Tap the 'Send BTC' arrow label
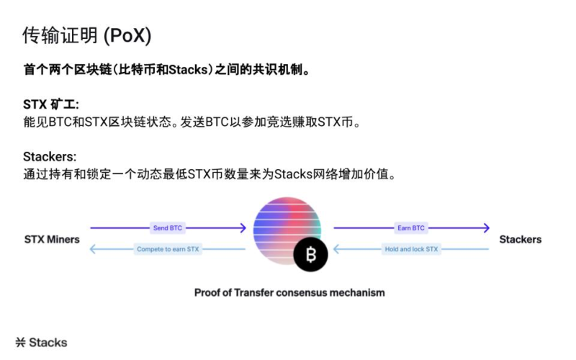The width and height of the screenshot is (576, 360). [x=168, y=228]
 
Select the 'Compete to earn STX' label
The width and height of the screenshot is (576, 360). [x=168, y=249]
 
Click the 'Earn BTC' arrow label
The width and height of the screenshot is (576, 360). [x=411, y=228]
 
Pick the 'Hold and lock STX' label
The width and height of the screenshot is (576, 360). [x=411, y=249]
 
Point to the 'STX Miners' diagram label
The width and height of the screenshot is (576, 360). [x=52, y=239]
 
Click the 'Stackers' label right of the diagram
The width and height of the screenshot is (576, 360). [x=520, y=239]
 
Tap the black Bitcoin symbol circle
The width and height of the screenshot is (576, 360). [x=311, y=254]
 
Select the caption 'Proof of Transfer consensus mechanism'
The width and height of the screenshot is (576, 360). [x=289, y=293]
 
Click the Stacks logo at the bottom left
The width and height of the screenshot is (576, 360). [x=41, y=342]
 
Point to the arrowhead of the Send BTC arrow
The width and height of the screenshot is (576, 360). [x=243, y=228]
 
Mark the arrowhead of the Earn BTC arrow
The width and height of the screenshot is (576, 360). [x=487, y=228]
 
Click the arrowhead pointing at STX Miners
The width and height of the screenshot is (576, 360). [x=91, y=249]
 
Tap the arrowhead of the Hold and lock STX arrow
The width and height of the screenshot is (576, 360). [x=336, y=249]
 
